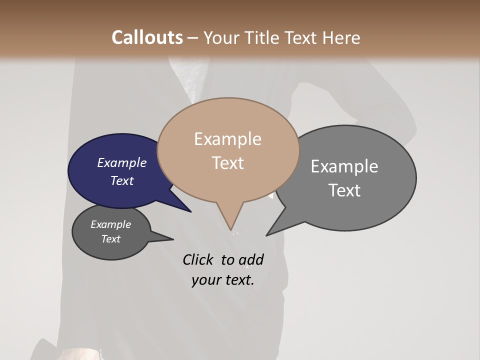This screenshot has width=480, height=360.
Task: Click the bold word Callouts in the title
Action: point(147,37)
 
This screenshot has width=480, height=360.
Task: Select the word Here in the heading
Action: point(341,38)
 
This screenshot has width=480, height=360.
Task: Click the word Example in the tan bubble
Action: point(227,139)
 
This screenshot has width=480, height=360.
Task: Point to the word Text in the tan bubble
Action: point(227,163)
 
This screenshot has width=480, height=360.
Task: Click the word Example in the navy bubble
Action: point(122,163)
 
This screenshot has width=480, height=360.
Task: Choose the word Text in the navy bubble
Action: point(122,180)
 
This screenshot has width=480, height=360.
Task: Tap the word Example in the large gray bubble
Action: point(344,166)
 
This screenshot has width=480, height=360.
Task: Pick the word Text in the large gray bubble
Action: point(344,190)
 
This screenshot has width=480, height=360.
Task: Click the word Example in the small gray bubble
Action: point(111,225)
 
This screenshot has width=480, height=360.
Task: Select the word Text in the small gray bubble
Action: point(111,239)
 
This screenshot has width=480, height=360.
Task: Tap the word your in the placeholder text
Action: point(205,280)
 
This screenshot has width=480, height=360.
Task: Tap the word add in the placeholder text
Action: point(251,260)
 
